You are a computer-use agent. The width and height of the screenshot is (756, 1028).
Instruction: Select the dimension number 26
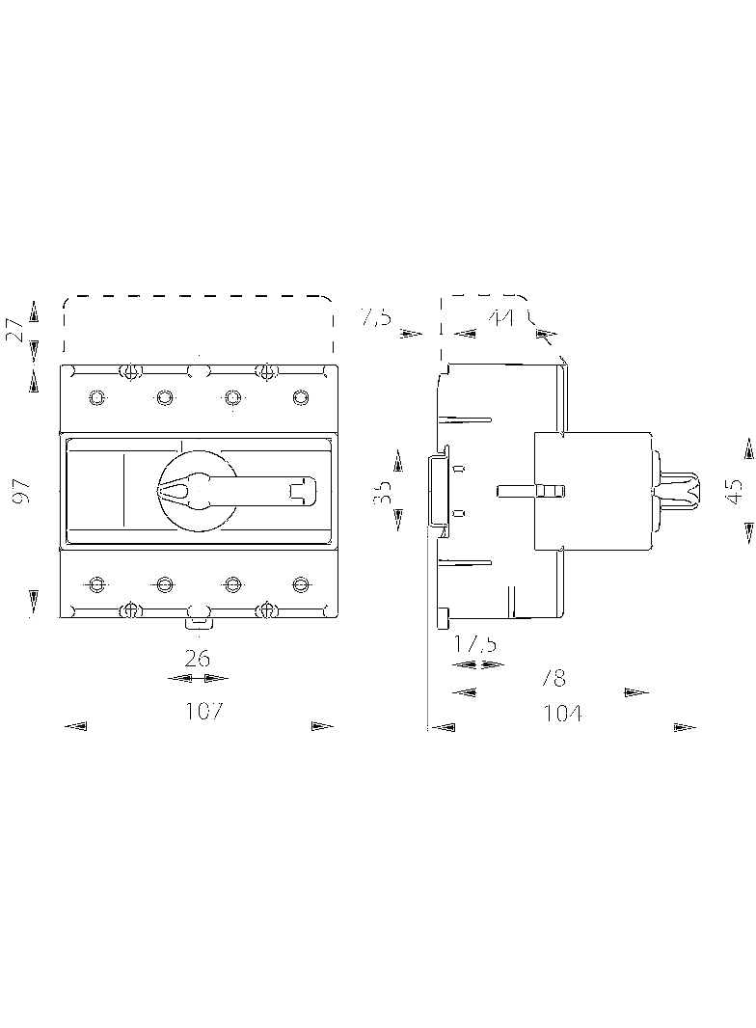(x=197, y=659)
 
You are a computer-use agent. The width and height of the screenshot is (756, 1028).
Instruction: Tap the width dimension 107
(x=204, y=712)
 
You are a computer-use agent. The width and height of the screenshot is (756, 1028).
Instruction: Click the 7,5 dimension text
(x=375, y=317)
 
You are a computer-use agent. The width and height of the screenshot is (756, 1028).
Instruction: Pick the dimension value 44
(x=500, y=317)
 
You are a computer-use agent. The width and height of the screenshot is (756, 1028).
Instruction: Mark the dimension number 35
(x=383, y=492)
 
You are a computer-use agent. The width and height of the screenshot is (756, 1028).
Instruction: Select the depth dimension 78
(x=553, y=678)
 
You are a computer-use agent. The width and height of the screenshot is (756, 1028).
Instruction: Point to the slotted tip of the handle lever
(x=302, y=490)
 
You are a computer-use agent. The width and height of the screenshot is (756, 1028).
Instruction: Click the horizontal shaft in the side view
(x=529, y=491)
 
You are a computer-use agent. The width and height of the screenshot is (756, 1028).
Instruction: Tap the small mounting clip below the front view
(x=197, y=622)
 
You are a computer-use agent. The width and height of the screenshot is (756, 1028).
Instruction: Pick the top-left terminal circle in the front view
(x=95, y=397)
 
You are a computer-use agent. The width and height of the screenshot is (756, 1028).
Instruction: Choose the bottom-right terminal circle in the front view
(x=301, y=584)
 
